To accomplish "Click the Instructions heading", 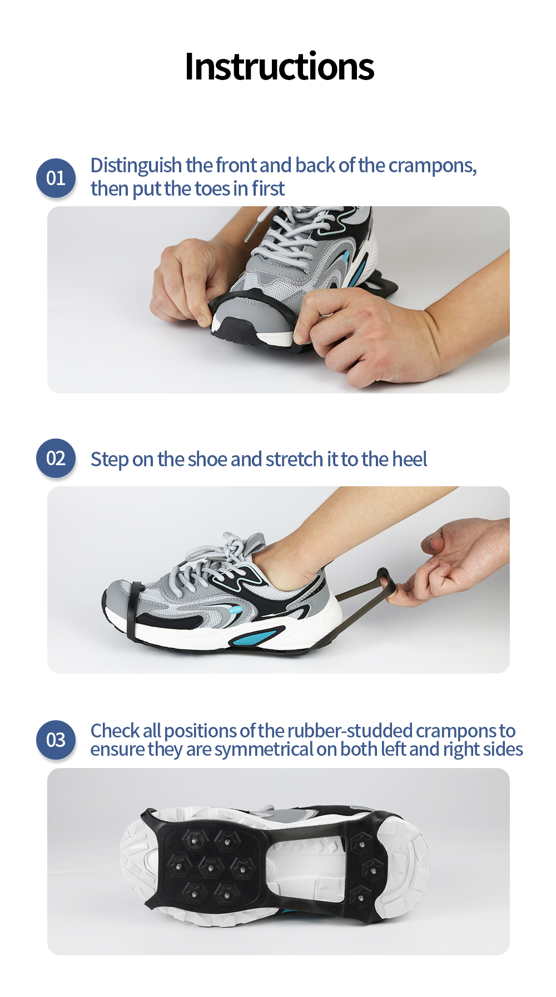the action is click(x=279, y=67).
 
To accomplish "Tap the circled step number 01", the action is click(x=56, y=178).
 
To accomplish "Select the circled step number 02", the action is click(x=56, y=458).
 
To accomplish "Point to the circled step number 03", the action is click(x=56, y=740).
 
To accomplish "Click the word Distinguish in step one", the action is click(x=136, y=166).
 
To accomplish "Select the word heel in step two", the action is click(x=409, y=459).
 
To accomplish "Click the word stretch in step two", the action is click(x=294, y=459).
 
